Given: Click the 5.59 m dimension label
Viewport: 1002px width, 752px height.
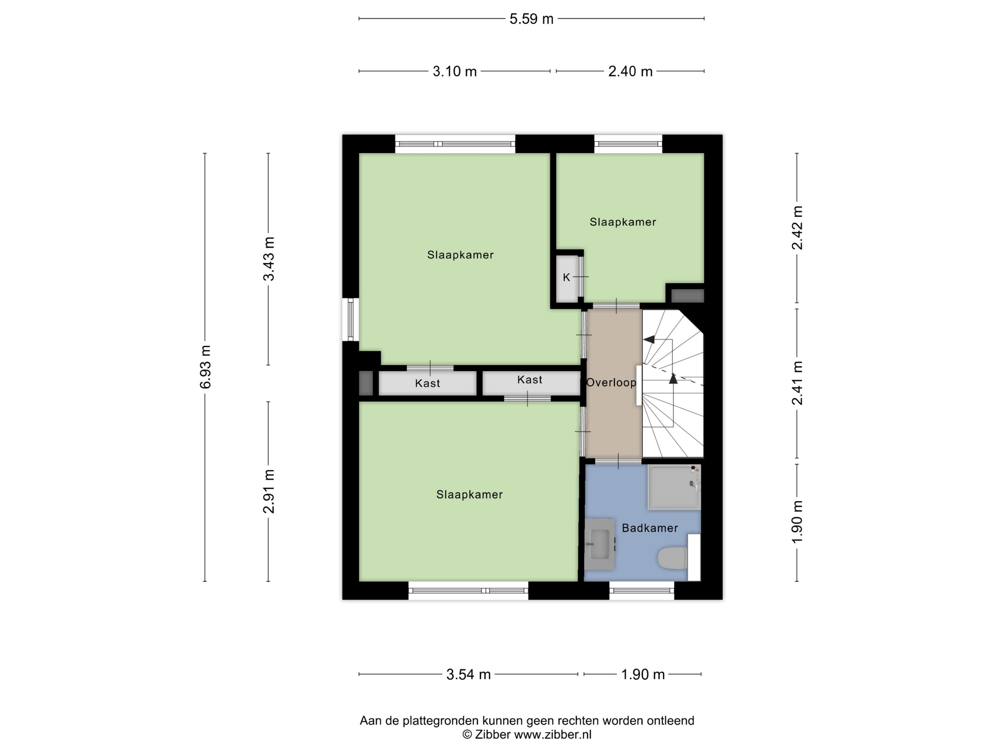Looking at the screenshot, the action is (x=531, y=19).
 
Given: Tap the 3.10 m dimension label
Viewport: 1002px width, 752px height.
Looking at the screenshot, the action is (x=455, y=72).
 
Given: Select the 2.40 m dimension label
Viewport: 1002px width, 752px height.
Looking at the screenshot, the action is (x=630, y=72).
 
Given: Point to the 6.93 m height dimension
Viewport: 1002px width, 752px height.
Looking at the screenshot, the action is (x=205, y=367).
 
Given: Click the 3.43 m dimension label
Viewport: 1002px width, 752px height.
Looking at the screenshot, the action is (x=269, y=259).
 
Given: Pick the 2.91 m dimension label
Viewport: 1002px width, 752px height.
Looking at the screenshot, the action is (x=269, y=491).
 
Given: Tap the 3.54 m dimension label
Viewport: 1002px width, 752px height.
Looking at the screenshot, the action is (x=468, y=675).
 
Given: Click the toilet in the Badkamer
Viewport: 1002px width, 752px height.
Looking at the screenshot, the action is (x=672, y=558).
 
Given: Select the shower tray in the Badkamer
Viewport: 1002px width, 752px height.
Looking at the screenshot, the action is (x=674, y=487).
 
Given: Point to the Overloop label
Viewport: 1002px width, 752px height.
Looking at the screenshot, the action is (x=611, y=382).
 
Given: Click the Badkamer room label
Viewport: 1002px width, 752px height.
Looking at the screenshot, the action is (x=650, y=528).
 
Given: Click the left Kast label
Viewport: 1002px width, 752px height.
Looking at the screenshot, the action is (x=427, y=384).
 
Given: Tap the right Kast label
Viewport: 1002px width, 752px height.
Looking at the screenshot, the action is (x=530, y=380).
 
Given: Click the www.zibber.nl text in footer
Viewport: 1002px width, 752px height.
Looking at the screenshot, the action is (x=553, y=735).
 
